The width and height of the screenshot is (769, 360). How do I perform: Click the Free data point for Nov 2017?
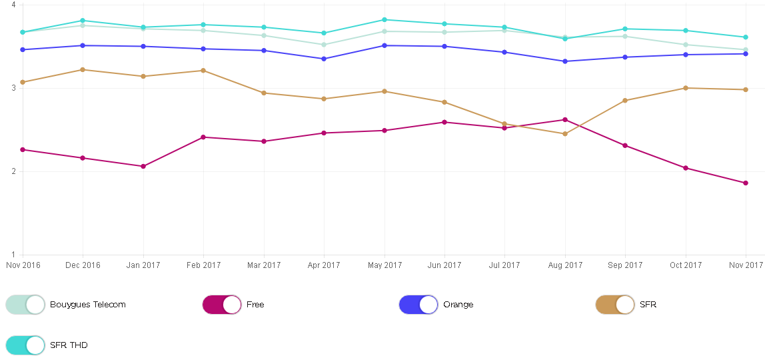[x=746, y=183]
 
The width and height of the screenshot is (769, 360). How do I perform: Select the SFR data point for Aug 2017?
[x=565, y=134]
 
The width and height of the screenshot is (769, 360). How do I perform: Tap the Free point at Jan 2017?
[x=143, y=166]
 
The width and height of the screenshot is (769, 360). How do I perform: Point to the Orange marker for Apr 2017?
[x=324, y=59]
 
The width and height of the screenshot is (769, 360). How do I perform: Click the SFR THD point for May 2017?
[x=384, y=20]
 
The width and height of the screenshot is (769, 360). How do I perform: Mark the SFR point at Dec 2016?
[x=83, y=69]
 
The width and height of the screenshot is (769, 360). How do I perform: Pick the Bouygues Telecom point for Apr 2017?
[x=324, y=45]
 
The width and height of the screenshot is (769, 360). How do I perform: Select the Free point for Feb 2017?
[x=203, y=137]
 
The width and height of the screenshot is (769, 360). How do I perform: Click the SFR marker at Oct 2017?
[x=686, y=88]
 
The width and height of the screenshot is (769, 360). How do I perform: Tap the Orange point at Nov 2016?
[x=23, y=49]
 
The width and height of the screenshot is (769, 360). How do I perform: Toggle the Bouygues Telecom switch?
[x=25, y=305]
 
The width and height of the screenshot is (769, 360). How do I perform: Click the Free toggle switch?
[x=222, y=305]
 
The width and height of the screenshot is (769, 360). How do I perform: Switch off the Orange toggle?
[x=418, y=305]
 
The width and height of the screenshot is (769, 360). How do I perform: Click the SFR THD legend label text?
[x=69, y=345]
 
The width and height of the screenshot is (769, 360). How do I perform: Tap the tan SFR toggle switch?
[x=615, y=305]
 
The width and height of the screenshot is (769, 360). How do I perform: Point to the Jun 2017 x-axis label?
[x=444, y=265]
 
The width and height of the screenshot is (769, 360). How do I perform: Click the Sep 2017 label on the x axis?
[x=625, y=265]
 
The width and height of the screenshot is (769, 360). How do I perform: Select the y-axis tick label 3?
[x=13, y=88]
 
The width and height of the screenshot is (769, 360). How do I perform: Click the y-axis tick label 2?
[x=13, y=171]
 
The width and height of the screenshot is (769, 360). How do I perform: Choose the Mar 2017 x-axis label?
[x=264, y=265]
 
